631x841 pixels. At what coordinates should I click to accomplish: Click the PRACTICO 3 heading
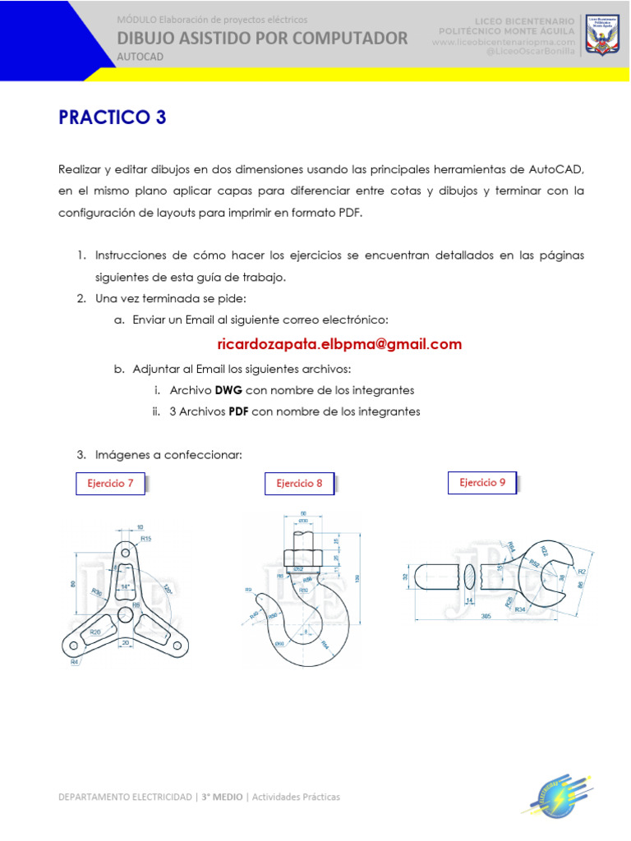(x=113, y=117)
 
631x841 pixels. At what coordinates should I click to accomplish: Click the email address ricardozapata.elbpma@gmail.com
(x=339, y=344)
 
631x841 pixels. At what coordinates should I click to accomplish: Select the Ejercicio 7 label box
(x=110, y=484)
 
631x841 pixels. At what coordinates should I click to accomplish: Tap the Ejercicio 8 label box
(x=299, y=484)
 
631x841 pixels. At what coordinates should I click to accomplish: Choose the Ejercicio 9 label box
(x=483, y=482)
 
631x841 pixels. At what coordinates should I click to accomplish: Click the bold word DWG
(x=228, y=390)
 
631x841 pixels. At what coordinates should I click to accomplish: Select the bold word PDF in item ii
(x=239, y=411)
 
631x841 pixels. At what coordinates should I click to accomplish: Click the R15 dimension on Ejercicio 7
(x=145, y=539)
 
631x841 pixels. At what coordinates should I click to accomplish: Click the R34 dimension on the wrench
(x=520, y=609)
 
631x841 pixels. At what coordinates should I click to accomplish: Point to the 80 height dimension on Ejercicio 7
(x=73, y=584)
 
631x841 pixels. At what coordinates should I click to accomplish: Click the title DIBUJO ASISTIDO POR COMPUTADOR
(x=262, y=37)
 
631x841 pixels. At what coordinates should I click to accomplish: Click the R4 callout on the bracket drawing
(x=74, y=661)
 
